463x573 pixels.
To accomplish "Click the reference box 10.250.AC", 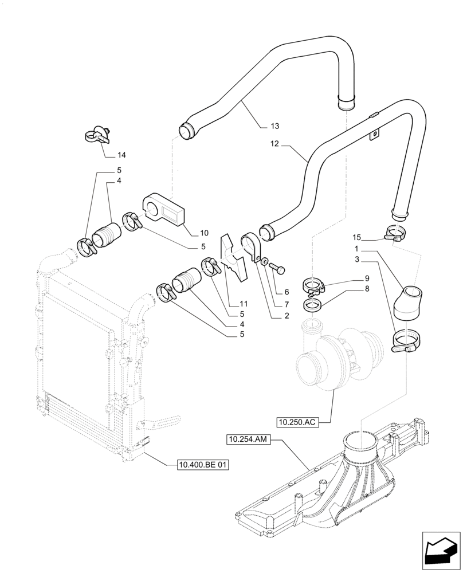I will tap(296, 423).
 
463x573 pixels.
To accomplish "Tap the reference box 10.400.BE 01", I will tap(203, 465).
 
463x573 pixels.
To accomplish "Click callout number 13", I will tap(274, 126).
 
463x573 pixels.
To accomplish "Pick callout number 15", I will tap(356, 238).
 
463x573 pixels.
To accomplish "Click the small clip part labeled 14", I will tap(98, 136).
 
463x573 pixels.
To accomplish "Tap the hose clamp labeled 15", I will tap(395, 233).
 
